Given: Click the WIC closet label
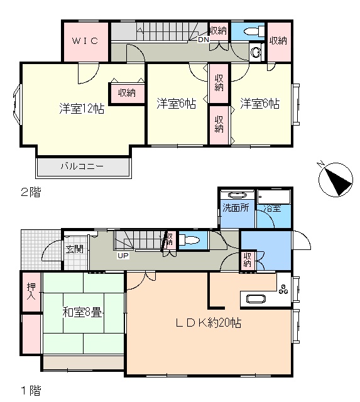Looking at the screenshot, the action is pos(85,41).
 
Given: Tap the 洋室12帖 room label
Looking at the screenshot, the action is pos(82,109).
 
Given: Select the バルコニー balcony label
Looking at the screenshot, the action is pos(82,166).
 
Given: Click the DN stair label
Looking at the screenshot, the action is pos(204,40).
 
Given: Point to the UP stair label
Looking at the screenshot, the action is pos(123,256).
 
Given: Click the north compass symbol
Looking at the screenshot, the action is pos(335,179).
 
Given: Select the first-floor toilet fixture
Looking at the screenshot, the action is pos(189,240).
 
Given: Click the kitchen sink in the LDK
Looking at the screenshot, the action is pos(256,299).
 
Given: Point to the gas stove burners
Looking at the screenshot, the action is pos(283,290).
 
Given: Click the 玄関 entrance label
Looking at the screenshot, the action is pos(74,249).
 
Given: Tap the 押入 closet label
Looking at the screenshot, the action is pos(31,291).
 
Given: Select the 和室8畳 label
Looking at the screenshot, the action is pos(82,313).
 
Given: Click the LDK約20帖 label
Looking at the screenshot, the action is pos(208,322).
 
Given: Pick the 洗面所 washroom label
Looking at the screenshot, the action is pos(236,208).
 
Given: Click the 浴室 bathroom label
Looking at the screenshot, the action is pos(272,208).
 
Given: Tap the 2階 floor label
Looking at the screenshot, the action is pos(31,192).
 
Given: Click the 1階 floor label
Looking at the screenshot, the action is pos(31,391).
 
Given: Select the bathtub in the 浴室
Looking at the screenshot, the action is pos(274,197).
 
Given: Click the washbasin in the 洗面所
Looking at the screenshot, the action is pos(237,195).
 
